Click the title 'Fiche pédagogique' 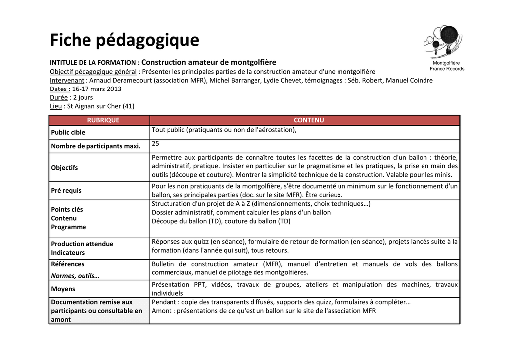click(x=124, y=40)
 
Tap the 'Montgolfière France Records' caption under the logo click(x=447, y=66)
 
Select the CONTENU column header click(x=308, y=120)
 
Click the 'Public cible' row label click(x=68, y=132)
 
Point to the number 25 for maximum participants click(x=156, y=143)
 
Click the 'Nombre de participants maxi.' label click(x=95, y=146)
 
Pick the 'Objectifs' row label click(x=64, y=168)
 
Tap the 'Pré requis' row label click(x=66, y=190)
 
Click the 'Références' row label click(x=68, y=264)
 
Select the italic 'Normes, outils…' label click(x=75, y=275)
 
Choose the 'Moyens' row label click(x=63, y=289)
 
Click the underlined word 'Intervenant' click(x=67, y=80)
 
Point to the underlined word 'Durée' click(x=59, y=97)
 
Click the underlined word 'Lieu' click(x=56, y=106)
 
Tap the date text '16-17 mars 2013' click(x=96, y=89)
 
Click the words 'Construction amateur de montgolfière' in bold click(x=209, y=62)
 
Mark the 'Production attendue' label click(x=82, y=244)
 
